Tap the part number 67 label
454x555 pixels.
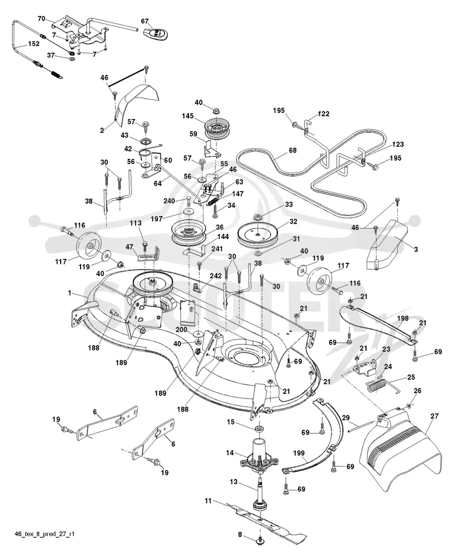[145, 21]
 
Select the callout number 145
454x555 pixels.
[187, 116]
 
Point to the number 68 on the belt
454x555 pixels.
[293, 150]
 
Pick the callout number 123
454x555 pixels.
[398, 144]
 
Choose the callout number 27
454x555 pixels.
[435, 417]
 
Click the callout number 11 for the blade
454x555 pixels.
[208, 501]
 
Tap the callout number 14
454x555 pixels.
[230, 452]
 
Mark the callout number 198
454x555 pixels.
[403, 318]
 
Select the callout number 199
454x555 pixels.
[299, 453]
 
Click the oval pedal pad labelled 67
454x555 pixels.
[155, 32]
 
